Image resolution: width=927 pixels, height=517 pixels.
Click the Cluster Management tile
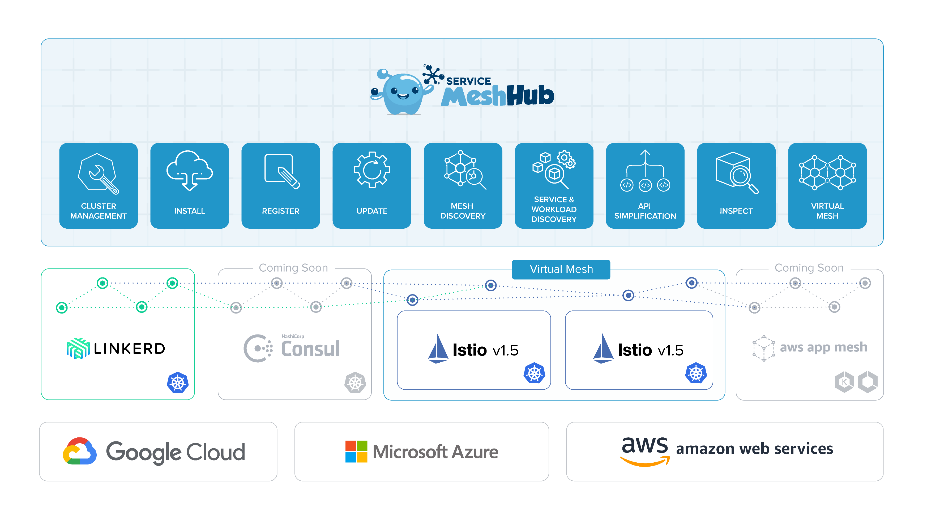pos(98,185)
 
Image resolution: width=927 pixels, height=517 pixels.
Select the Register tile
pos(280,185)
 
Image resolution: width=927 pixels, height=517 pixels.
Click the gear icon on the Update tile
pos(372,170)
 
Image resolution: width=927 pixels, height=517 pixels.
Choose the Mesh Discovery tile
pos(463,185)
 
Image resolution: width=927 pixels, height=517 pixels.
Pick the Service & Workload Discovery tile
pos(554,185)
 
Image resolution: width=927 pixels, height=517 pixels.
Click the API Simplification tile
pos(645,185)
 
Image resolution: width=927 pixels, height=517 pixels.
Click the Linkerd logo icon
pos(78,348)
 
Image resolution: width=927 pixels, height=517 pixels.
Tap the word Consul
pos(310,349)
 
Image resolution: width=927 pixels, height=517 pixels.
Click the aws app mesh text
pos(823,347)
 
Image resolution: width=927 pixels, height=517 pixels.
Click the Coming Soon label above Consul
pos(293,268)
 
